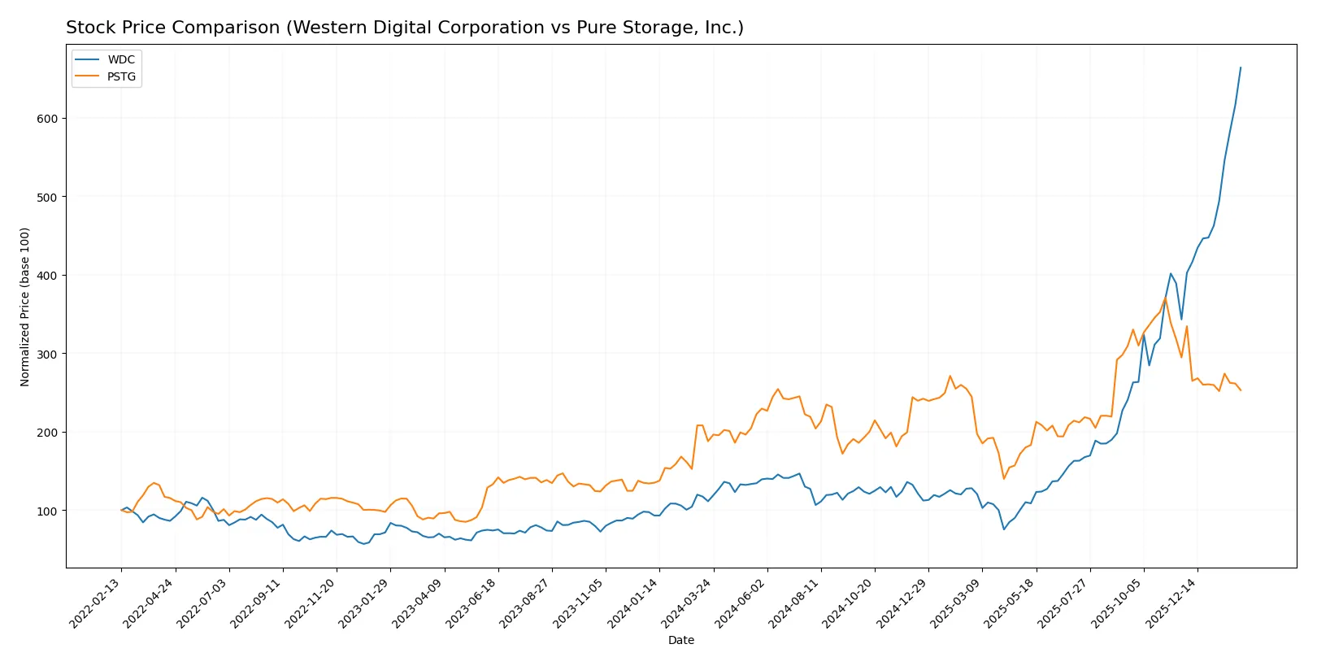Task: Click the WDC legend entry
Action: [x=120, y=59]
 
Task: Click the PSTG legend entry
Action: [x=121, y=77]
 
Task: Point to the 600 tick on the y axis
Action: [x=47, y=119]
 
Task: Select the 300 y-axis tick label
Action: [x=47, y=355]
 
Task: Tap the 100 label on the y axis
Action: [x=47, y=511]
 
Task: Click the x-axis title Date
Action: [x=680, y=641]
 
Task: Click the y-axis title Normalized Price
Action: [x=25, y=307]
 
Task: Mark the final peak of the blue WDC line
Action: [x=1241, y=67]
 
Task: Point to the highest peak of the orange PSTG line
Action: [x=1165, y=298]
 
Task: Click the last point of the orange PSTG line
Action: [x=1241, y=390]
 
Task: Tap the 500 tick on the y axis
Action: [x=47, y=198]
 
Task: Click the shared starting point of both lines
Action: [x=121, y=511]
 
